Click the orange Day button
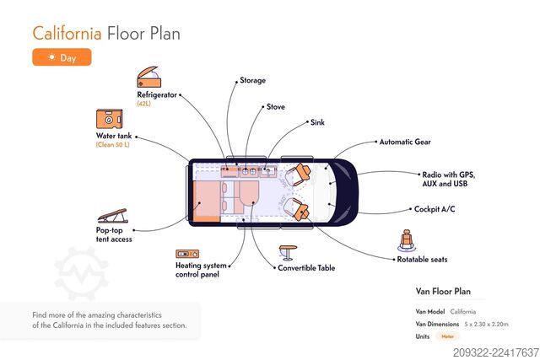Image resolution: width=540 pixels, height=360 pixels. (62, 57)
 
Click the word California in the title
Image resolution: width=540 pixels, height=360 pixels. (67, 34)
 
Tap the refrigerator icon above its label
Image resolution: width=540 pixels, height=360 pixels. (148, 77)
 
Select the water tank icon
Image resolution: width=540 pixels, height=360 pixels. (110, 119)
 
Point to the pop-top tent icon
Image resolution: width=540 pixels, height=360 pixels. (112, 216)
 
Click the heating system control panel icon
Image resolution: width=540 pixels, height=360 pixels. (187, 254)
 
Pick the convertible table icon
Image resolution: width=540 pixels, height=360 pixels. (288, 253)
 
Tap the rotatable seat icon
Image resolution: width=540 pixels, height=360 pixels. (407, 240)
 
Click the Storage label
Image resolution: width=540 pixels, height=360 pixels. (253, 81)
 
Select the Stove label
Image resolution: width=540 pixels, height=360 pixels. (276, 107)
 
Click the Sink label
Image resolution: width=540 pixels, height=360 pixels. (317, 122)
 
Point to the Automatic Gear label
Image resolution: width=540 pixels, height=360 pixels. (405, 142)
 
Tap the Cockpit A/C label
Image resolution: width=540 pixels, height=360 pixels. (435, 209)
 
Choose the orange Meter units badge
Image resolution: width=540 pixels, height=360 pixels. (448, 336)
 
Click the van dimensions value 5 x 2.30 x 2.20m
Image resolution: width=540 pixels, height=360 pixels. (486, 325)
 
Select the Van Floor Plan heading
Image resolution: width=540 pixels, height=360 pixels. (443, 292)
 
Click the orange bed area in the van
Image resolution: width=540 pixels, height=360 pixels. (206, 201)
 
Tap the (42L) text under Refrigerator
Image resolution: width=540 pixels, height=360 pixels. (143, 104)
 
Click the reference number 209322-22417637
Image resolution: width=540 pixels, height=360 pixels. (496, 352)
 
